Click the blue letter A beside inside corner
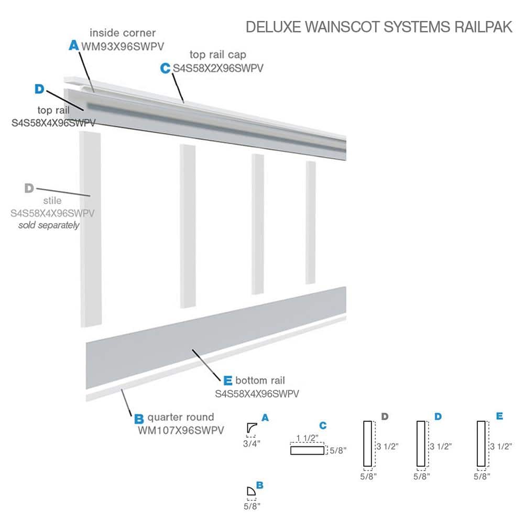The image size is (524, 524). pos(74,46)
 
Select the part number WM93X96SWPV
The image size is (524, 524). pos(118,46)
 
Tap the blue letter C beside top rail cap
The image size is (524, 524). pos(166,68)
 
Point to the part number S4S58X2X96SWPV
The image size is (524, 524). pos(218,68)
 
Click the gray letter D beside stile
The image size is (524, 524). pos(29,188)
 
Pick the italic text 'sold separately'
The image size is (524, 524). pos(49,225)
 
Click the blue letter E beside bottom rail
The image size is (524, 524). pos(227,380)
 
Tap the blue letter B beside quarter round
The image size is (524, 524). pos(138,419)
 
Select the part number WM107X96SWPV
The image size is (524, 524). pos(181,430)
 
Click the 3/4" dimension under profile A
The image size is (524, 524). pos(252,443)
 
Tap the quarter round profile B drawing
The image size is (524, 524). pos(251,491)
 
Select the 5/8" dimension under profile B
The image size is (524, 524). pos(252,506)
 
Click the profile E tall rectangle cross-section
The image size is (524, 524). pos(481,443)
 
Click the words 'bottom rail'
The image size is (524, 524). pos(260,380)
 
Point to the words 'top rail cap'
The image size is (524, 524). pos(218,54)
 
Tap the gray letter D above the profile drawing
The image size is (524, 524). pos(385,417)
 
